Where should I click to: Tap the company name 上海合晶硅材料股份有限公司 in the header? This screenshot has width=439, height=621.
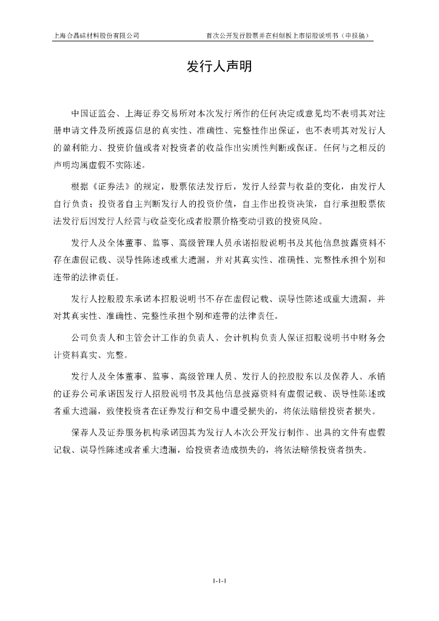(98, 35)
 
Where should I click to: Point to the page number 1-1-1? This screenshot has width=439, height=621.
(219, 581)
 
